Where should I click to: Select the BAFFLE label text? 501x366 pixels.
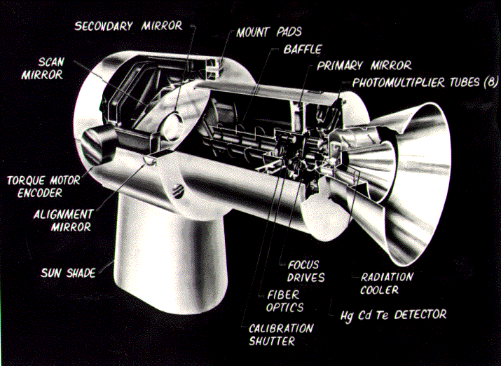pyautogui.click(x=303, y=50)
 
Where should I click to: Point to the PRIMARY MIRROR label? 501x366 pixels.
pyautogui.click(x=364, y=66)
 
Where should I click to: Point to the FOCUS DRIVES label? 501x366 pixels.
pyautogui.click(x=303, y=271)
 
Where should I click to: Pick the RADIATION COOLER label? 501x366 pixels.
pyautogui.click(x=387, y=283)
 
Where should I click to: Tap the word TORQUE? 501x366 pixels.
pyautogui.click(x=26, y=180)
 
